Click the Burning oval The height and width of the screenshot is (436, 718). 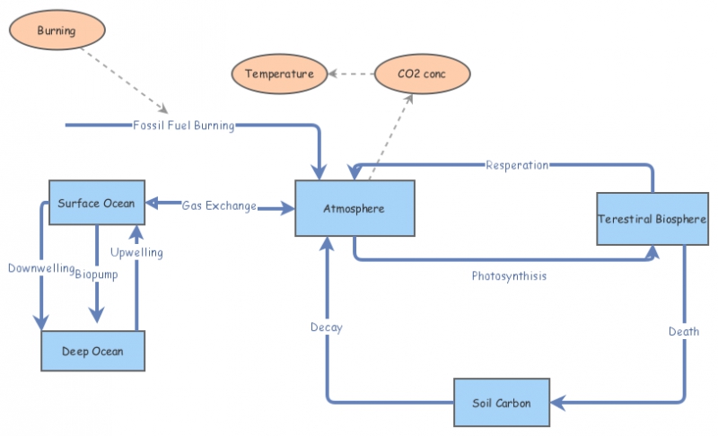pyautogui.click(x=57, y=31)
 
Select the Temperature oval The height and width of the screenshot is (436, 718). pyautogui.click(x=279, y=74)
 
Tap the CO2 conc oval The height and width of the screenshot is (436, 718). pyautogui.click(x=422, y=74)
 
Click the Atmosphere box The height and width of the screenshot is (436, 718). pyautogui.click(x=355, y=208)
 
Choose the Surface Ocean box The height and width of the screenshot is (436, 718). pyautogui.click(x=96, y=203)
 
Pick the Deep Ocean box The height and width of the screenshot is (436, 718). pyautogui.click(x=93, y=351)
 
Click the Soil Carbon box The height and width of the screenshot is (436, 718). pyautogui.click(x=501, y=403)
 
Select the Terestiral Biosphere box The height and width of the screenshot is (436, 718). pyautogui.click(x=652, y=219)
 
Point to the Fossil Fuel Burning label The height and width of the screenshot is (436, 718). pyautogui.click(x=183, y=126)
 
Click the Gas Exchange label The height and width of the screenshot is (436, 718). pyautogui.click(x=219, y=206)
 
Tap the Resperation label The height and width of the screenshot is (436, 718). pyautogui.click(x=517, y=165)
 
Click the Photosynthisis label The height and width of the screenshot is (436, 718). pyautogui.click(x=509, y=276)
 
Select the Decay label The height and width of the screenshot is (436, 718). pyautogui.click(x=327, y=327)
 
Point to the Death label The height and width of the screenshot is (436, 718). pyautogui.click(x=684, y=332)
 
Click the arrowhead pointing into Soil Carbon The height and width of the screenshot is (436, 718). pyautogui.click(x=556, y=403)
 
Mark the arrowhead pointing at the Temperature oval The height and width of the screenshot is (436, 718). pyautogui.click(x=331, y=74)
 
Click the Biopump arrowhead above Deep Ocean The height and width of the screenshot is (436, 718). pyautogui.click(x=97, y=315)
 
